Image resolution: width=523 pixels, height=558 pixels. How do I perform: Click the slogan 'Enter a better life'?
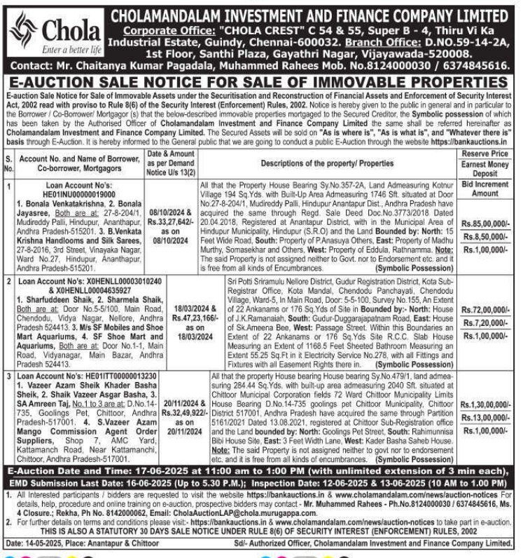73,50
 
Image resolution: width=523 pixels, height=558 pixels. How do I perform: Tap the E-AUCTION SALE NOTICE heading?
260,83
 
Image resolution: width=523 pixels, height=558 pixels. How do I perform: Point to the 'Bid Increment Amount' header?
485,188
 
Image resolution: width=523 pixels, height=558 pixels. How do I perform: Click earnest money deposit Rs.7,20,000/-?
485,322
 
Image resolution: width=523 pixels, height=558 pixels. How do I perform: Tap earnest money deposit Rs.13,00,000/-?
485,418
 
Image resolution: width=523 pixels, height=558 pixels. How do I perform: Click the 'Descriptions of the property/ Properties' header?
326,163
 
